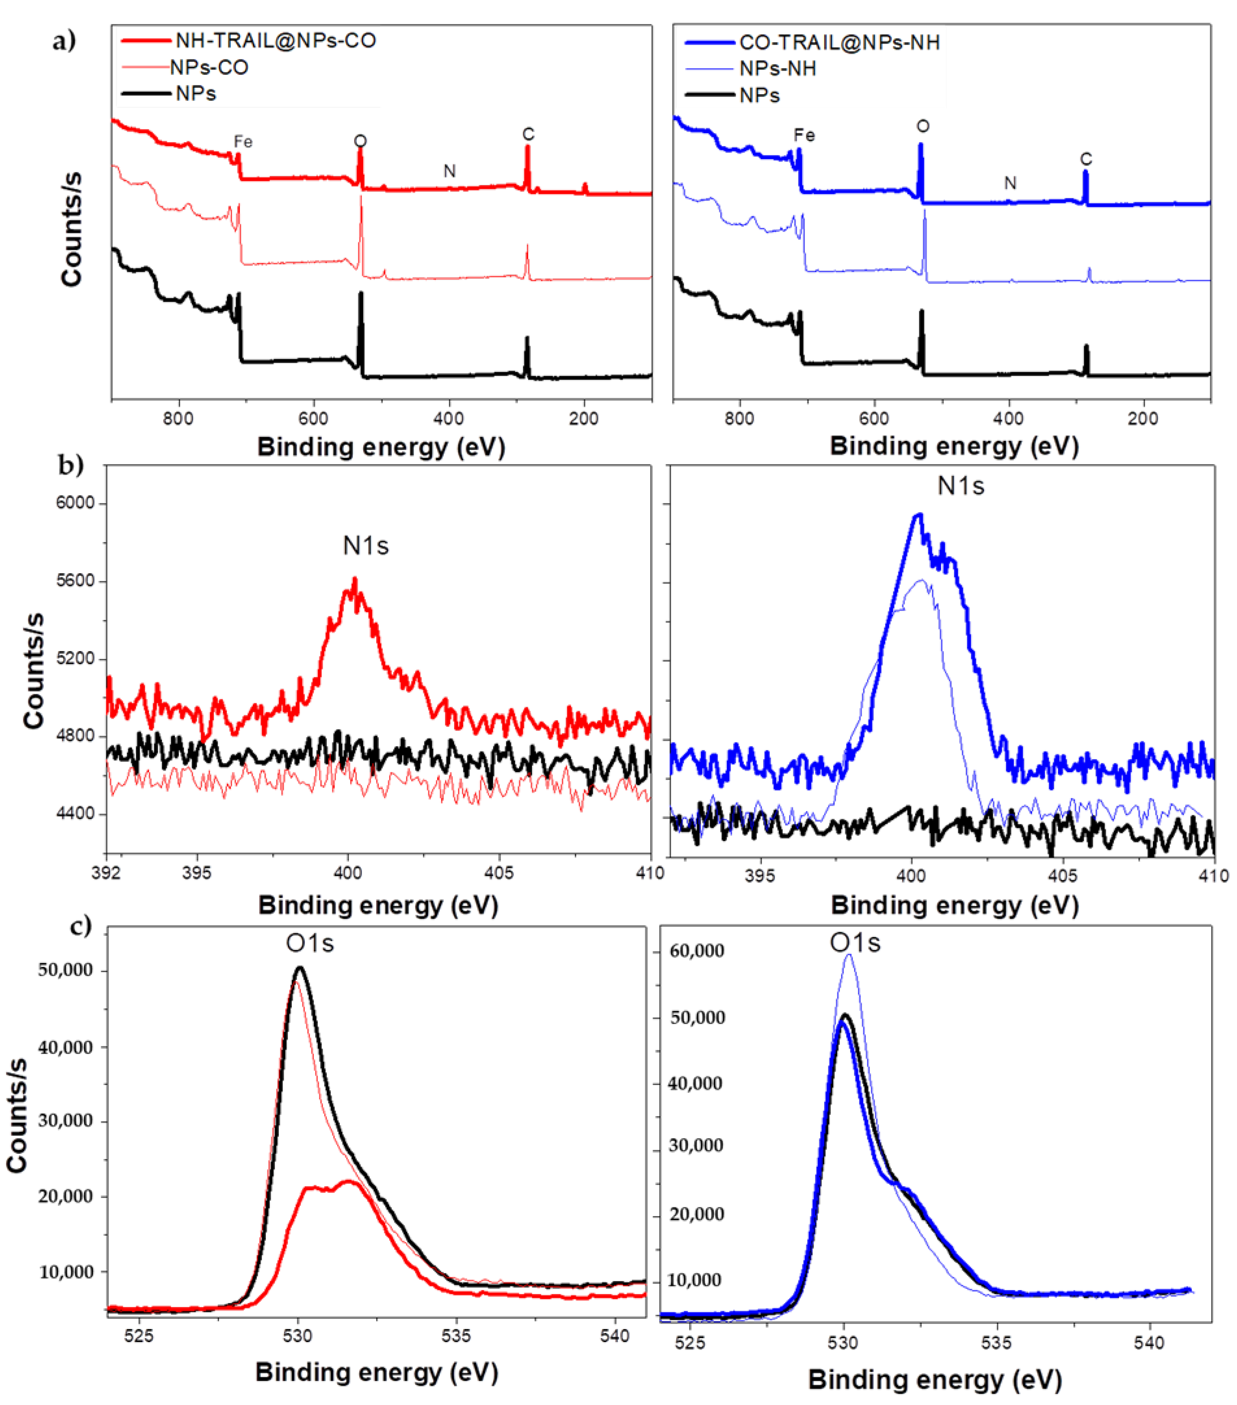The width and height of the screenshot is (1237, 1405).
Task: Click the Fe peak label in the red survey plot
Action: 243,141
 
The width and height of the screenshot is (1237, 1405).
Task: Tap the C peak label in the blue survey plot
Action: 1086,159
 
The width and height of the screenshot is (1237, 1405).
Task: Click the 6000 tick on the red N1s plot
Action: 75,503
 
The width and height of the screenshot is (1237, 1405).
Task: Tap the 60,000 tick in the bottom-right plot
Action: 697,951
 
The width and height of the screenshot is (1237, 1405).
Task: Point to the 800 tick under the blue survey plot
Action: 739,419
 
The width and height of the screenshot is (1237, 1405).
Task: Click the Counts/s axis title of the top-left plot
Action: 71,229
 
